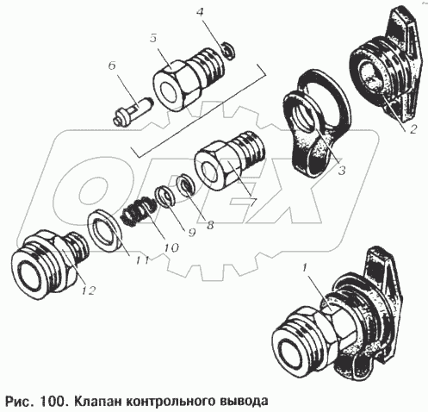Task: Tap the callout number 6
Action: click(x=112, y=66)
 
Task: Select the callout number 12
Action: click(x=88, y=290)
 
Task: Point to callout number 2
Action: click(x=412, y=129)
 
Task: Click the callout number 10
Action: click(x=171, y=247)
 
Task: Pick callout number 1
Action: click(x=305, y=268)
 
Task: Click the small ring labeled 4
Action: click(x=229, y=51)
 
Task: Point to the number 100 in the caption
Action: click(x=53, y=400)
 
